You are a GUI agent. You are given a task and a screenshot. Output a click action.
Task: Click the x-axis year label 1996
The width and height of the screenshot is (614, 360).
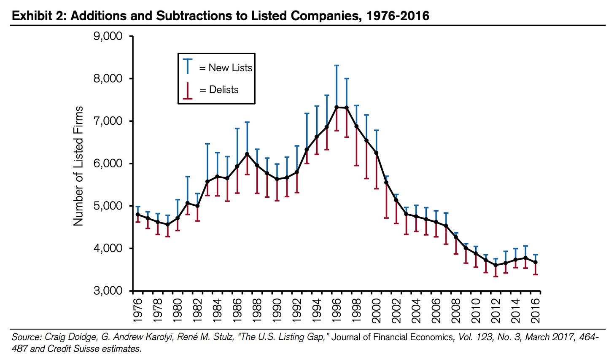point(337,310)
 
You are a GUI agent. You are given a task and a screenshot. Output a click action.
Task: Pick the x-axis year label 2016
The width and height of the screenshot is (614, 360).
point(536,310)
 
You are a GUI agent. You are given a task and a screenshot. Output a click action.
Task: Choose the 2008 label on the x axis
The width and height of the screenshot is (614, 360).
point(456,310)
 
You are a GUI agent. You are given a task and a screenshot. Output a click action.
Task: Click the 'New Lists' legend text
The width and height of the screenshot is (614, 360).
point(230,68)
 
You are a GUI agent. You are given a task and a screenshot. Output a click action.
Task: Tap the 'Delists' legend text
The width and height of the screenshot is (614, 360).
point(224,90)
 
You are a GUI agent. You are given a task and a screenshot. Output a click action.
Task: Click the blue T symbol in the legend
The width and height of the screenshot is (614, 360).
point(187,67)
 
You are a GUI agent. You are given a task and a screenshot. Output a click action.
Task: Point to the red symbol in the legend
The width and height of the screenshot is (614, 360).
point(187,90)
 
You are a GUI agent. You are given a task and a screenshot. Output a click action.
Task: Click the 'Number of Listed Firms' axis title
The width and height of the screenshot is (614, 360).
point(78,166)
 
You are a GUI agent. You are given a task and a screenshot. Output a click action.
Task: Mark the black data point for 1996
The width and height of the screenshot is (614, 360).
point(337,107)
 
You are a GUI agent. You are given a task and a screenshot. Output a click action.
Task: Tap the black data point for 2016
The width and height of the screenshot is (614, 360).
point(536,262)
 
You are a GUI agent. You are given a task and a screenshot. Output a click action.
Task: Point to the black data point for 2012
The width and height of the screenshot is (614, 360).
point(496,265)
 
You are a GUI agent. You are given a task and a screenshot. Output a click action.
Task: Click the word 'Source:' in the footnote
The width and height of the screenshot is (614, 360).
point(26,337)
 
